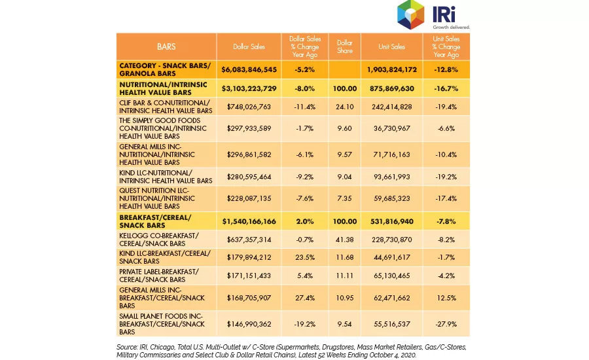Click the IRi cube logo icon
pyautogui.click(x=410, y=14)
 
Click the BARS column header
pyautogui.click(x=166, y=46)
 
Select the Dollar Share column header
pyautogui.click(x=344, y=46)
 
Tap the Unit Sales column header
pyautogui.click(x=391, y=46)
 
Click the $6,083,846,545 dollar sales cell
pyautogui.click(x=249, y=69)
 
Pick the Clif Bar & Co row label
pyautogui.click(x=166, y=107)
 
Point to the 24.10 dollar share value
pyautogui.click(x=344, y=107)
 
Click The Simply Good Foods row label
pyautogui.click(x=163, y=128)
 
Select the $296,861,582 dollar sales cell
pyautogui.click(x=249, y=154)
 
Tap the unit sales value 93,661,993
pyautogui.click(x=391, y=177)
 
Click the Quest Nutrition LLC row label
pyautogui.click(x=157, y=198)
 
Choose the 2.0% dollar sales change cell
pyautogui.click(x=304, y=221)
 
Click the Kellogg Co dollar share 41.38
pyautogui.click(x=344, y=240)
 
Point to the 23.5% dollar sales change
pyautogui.click(x=304, y=257)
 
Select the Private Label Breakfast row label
pyautogui.click(x=159, y=276)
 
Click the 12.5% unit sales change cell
pyautogui.click(x=446, y=298)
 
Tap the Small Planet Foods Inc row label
pyautogui.click(x=162, y=324)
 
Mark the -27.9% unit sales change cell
pyautogui.click(x=446, y=324)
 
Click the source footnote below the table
pyautogui.click(x=291, y=351)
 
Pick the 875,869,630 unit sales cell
pyautogui.click(x=391, y=88)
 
